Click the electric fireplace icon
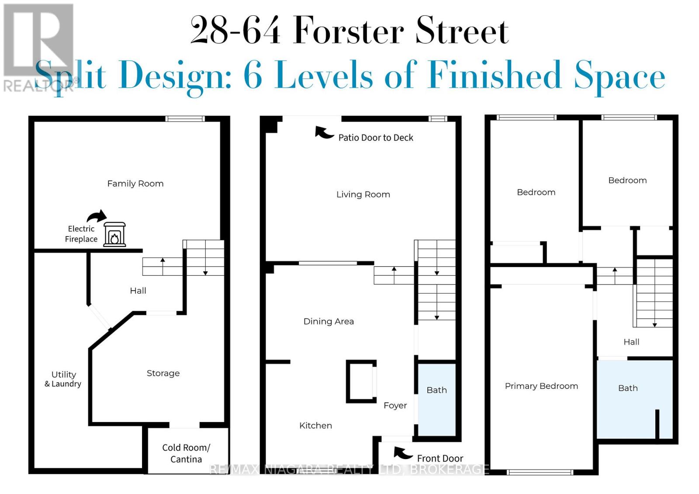114,235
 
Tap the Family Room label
135,184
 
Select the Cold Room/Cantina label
186,453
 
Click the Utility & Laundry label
63,379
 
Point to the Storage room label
163,373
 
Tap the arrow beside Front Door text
403,453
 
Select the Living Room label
363,195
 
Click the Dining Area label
329,322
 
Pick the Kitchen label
315,425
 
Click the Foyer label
395,405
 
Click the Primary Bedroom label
541,386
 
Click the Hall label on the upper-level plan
631,342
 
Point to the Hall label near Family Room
138,291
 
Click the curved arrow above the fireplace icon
97,216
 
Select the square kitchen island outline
361,381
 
